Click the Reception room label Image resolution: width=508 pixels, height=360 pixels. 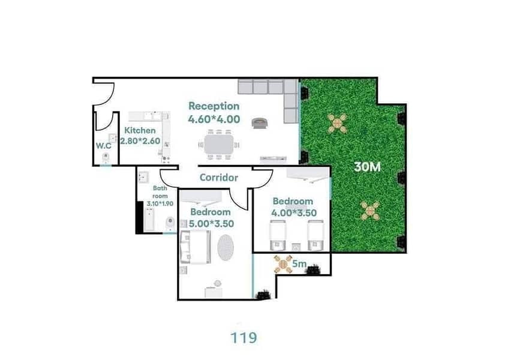pyautogui.click(x=214, y=106)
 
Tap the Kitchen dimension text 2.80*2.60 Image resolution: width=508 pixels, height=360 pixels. pyautogui.click(x=140, y=141)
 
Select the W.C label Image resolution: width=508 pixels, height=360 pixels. pyautogui.click(x=104, y=146)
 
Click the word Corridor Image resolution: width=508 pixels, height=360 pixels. pyautogui.click(x=219, y=178)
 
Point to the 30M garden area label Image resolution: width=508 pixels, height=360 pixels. pyautogui.click(x=368, y=167)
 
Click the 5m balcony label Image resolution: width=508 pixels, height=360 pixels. pyautogui.click(x=299, y=264)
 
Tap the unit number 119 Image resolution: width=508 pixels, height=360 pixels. pyautogui.click(x=244, y=338)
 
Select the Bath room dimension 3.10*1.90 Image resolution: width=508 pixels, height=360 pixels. pyautogui.click(x=160, y=204)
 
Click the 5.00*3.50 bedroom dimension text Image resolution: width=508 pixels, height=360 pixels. pyautogui.click(x=211, y=224)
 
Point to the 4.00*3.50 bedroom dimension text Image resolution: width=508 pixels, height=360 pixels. pyautogui.click(x=294, y=213)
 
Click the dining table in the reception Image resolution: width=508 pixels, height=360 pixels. pyautogui.click(x=219, y=145)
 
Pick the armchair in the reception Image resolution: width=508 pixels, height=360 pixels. pyautogui.click(x=260, y=123)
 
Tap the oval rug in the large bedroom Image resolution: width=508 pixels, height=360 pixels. pyautogui.click(x=226, y=247)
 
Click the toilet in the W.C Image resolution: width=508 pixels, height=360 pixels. pyautogui.click(x=106, y=158)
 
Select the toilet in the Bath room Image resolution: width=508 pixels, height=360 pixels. pyautogui.click(x=170, y=223)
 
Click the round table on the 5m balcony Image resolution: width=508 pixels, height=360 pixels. pyautogui.click(x=283, y=264)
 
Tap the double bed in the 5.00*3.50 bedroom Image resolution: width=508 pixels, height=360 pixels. pyautogui.click(x=196, y=247)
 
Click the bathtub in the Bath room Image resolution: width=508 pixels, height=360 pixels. pyautogui.click(x=149, y=220)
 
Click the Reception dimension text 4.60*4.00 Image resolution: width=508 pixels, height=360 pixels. pyautogui.click(x=214, y=119)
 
